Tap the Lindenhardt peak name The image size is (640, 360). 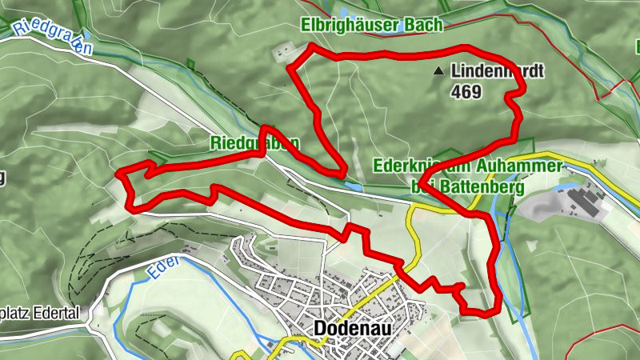coord(497,72)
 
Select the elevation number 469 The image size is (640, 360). coord(466,92)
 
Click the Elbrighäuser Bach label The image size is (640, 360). coord(372,26)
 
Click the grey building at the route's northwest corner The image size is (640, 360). coord(281,52)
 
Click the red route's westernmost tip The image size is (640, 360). coord(119,172)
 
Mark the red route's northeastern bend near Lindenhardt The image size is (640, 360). coord(516,96)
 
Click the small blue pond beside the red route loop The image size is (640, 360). coord(353,185)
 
